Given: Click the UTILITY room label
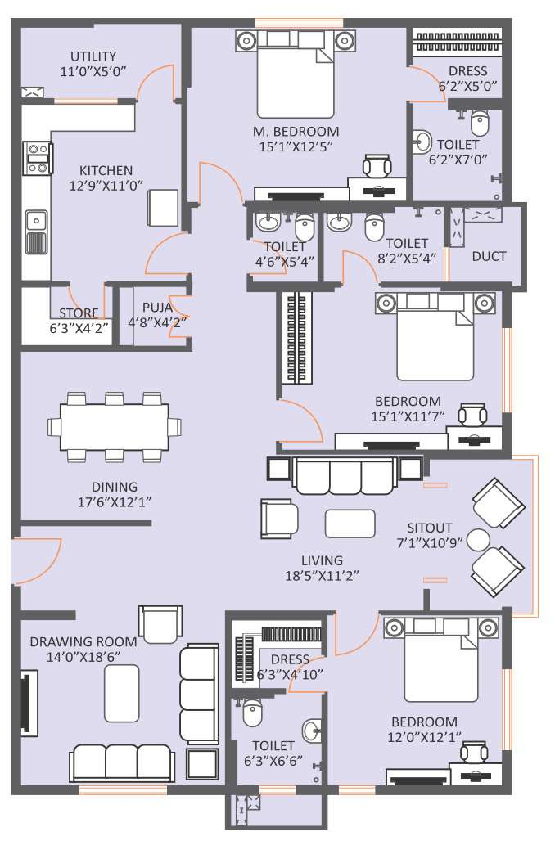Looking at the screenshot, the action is coord(93,56).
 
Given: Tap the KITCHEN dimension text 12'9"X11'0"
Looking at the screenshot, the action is coord(106,186).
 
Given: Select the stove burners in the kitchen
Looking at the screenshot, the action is coord(38,159).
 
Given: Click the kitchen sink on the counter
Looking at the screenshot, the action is coord(36,220).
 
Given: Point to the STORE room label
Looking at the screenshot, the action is coord(79,313).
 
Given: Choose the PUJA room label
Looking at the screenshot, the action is coord(157,308).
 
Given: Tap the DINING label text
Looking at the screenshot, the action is coord(114,487).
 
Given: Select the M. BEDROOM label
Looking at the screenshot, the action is coord(296,132).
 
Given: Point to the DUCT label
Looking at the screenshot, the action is coord(489,256).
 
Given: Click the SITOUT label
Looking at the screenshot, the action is coord(430,528).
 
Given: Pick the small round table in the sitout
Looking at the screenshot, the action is coord(478,540).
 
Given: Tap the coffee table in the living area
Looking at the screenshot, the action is coord(350,524).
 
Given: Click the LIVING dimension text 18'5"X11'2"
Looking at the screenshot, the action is coord(322,576).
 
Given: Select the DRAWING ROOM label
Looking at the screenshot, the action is coord(83,641).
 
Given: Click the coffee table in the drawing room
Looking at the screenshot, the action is coord(121,694).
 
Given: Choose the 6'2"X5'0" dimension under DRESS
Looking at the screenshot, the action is coord(467,86).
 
